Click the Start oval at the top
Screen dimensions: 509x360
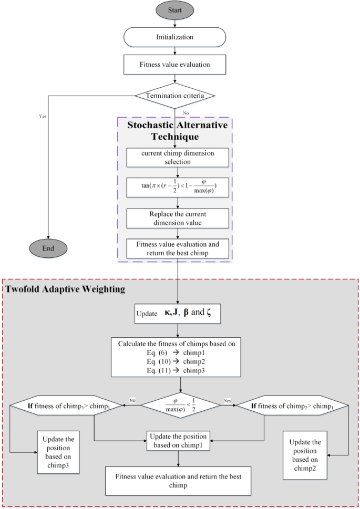175,11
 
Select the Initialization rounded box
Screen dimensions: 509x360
175,37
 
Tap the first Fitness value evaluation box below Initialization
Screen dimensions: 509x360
175,65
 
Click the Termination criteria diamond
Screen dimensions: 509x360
175,95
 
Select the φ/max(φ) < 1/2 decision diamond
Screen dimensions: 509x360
180,405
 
